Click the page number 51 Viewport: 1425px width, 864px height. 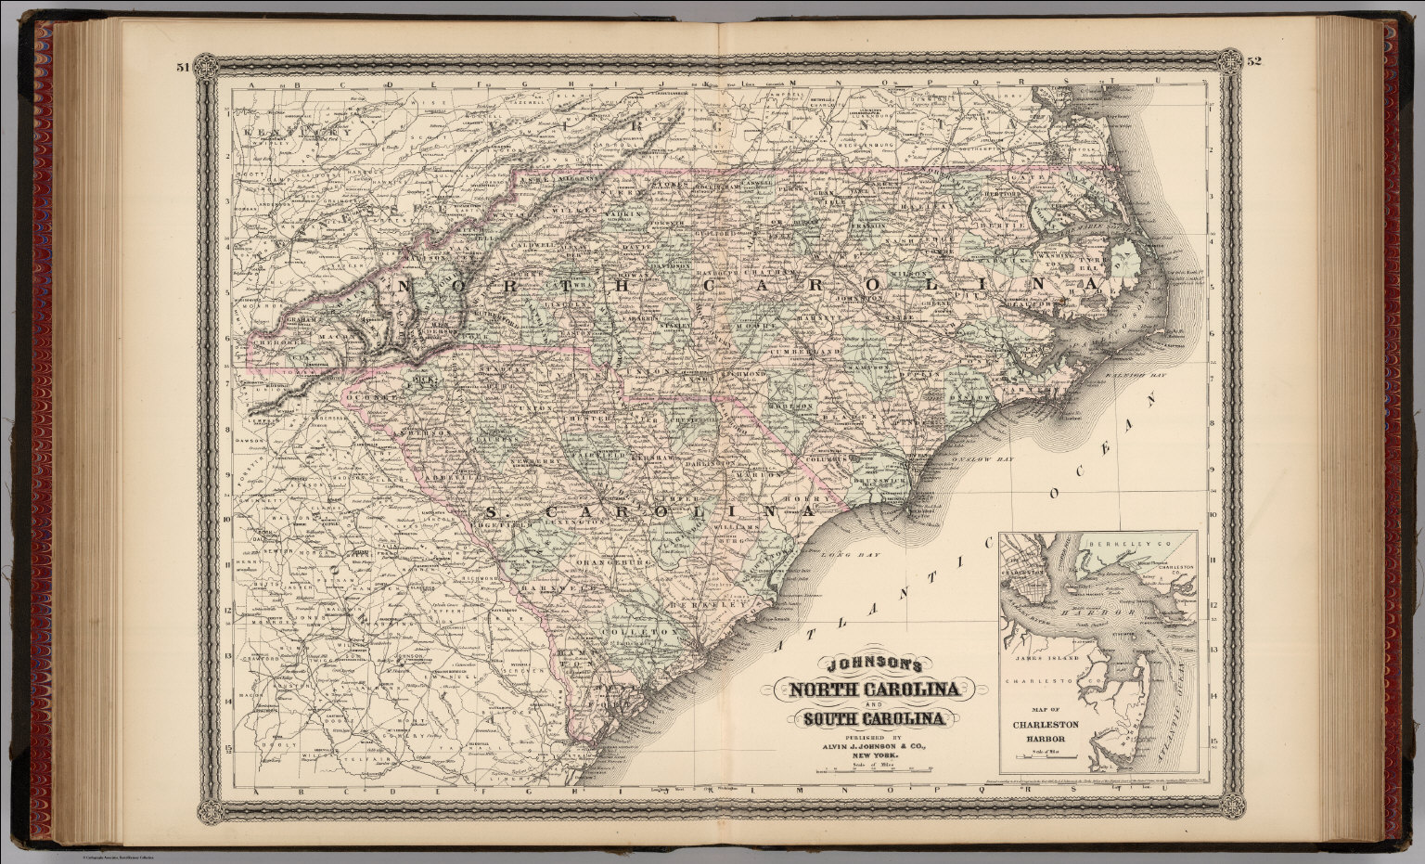click(182, 65)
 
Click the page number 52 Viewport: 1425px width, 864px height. click(1255, 62)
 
